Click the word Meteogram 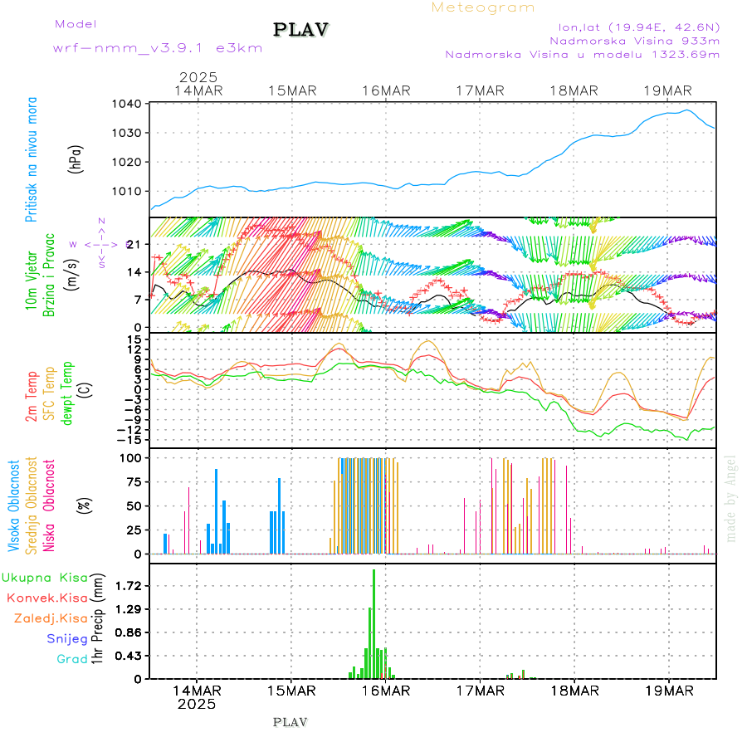(x=483, y=7)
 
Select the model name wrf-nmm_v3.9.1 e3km (x=158, y=47)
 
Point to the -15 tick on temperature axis (x=131, y=439)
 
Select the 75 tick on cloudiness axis (x=131, y=481)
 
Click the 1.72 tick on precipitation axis (x=128, y=586)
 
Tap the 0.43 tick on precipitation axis (x=128, y=656)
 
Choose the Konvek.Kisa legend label (x=46, y=598)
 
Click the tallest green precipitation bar (x=373, y=622)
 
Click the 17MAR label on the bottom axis (x=480, y=691)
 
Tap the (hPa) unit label (x=76, y=158)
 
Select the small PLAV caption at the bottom (x=290, y=722)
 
